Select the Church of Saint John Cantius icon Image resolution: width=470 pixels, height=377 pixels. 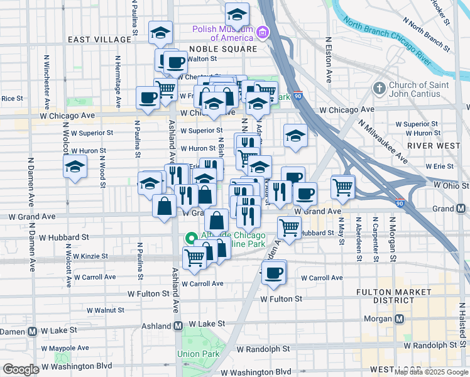(x=379, y=87)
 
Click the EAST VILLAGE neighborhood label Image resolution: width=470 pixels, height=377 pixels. (x=99, y=40)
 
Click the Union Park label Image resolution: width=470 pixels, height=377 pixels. (x=197, y=354)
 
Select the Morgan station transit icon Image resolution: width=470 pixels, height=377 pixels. (x=398, y=318)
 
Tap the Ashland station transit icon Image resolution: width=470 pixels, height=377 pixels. (x=178, y=326)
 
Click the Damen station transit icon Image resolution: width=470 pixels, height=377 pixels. (x=31, y=331)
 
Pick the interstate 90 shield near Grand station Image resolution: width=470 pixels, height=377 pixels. (x=400, y=203)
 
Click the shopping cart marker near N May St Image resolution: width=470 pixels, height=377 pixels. (x=342, y=186)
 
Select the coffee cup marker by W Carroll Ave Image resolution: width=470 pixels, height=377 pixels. (x=273, y=273)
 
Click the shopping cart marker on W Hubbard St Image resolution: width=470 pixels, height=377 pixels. (x=289, y=227)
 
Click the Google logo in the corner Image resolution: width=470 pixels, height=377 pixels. (x=21, y=369)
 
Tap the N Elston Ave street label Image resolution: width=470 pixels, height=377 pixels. (x=329, y=60)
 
